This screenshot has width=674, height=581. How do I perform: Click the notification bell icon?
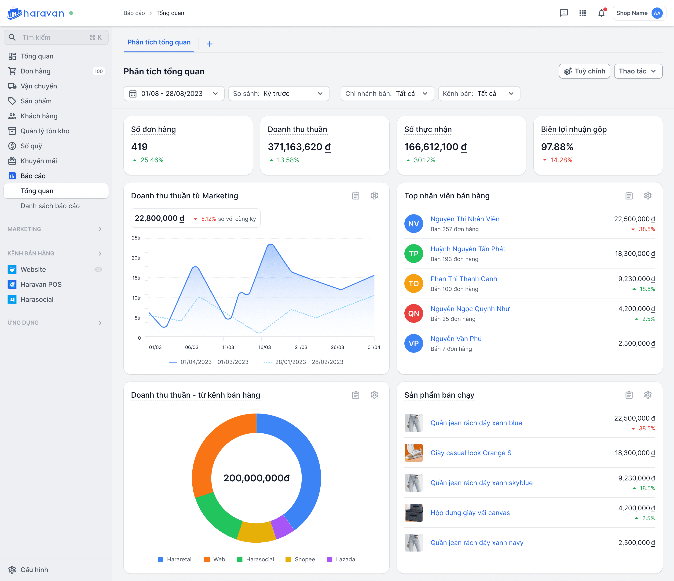pyautogui.click(x=601, y=13)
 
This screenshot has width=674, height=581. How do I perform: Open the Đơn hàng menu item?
pyautogui.click(x=36, y=71)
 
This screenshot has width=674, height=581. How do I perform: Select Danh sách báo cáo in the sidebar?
pyautogui.click(x=50, y=206)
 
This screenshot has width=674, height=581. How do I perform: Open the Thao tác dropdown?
pyautogui.click(x=638, y=71)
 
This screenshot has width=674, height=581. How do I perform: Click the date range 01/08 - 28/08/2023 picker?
pyautogui.click(x=174, y=94)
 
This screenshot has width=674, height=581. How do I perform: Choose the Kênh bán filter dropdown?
pyautogui.click(x=479, y=94)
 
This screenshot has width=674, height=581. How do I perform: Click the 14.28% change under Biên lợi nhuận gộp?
pyautogui.click(x=561, y=160)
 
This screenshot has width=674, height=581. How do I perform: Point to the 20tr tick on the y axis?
pyautogui.click(x=136, y=258)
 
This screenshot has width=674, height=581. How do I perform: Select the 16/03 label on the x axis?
pyautogui.click(x=264, y=347)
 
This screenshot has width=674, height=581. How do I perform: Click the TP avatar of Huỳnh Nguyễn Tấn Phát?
pyautogui.click(x=414, y=254)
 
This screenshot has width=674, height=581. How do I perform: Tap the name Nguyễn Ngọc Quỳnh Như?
pyautogui.click(x=470, y=309)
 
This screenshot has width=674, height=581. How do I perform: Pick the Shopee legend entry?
pyautogui.click(x=300, y=559)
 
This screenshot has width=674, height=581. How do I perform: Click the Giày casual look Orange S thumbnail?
pyautogui.click(x=414, y=453)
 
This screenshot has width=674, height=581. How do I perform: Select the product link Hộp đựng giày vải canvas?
pyautogui.click(x=470, y=513)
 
